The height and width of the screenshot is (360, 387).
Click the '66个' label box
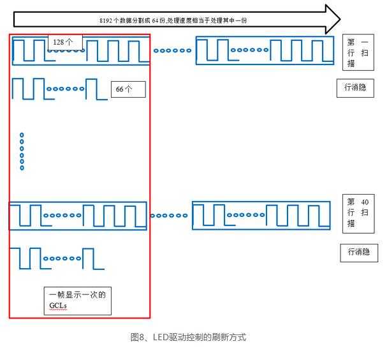[x=128, y=89]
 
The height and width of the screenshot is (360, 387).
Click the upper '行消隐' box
[x=354, y=88]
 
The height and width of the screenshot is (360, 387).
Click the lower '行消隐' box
[x=358, y=252]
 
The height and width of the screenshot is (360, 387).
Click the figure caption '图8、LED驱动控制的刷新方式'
[x=188, y=337]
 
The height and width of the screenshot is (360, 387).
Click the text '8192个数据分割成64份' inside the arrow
[x=131, y=20]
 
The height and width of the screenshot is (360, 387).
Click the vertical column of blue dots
[x=22, y=151]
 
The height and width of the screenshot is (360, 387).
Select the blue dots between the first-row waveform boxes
[x=172, y=50]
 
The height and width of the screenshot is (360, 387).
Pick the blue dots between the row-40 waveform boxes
[x=170, y=216]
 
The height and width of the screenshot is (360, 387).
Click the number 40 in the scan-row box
[x=364, y=201]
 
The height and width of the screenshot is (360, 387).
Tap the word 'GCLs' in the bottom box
[x=58, y=306]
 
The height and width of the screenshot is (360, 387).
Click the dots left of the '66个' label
[x=66, y=89]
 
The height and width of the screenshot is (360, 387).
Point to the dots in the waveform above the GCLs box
[x=62, y=259]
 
